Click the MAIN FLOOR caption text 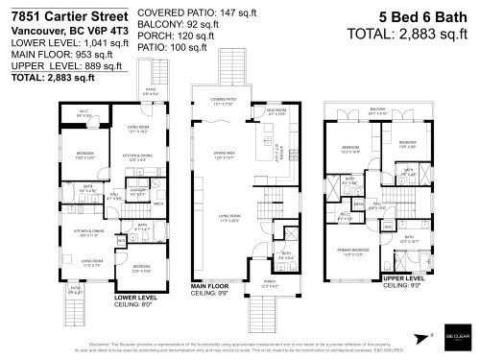point(211,286)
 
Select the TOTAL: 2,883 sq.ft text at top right point(417,34)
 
